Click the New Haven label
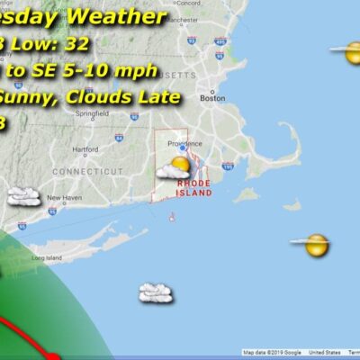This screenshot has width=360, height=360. pos(64,197)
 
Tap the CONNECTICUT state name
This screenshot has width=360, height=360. pos(87,170)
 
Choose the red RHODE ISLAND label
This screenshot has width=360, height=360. pos(193,187)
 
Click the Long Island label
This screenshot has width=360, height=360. pos(43,257)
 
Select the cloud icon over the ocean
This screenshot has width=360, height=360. pos(156,292)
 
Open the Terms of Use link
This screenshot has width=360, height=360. pos(344,353)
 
